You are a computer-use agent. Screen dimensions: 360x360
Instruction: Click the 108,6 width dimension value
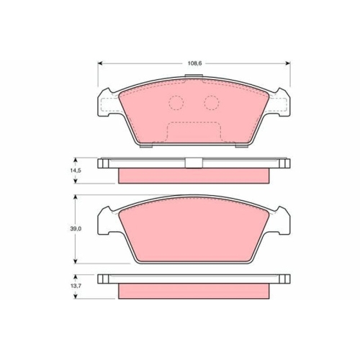[194, 63]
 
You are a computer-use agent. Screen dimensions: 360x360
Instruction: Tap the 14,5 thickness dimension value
[76, 171]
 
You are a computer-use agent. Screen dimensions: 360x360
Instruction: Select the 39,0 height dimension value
[76, 229]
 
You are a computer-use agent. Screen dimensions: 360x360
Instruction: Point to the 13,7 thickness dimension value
[76, 286]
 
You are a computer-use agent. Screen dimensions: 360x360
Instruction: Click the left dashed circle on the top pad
[176, 103]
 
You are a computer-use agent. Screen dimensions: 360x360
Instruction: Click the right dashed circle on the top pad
[212, 103]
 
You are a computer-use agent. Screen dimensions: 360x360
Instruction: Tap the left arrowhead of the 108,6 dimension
[101, 63]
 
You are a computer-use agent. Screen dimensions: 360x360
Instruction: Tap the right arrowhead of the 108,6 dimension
[287, 63]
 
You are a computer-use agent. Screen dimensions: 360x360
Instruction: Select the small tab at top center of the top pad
[194, 76]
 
